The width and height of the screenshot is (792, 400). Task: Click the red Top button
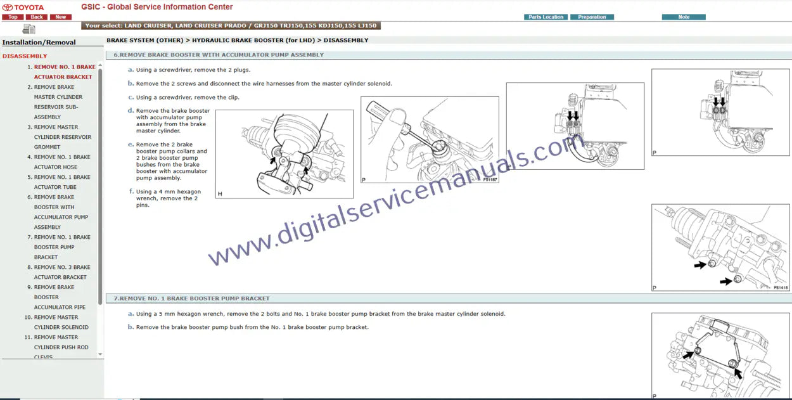pyautogui.click(x=13, y=17)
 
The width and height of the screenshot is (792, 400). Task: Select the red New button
pyautogui.click(x=60, y=17)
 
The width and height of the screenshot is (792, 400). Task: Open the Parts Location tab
pyautogui.click(x=546, y=17)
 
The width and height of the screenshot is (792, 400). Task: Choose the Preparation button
pyautogui.click(x=592, y=17)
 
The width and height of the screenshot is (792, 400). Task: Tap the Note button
pyautogui.click(x=684, y=17)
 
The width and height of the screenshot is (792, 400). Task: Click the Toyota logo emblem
pyautogui.click(x=8, y=8)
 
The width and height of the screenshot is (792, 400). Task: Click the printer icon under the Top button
pyautogui.click(x=29, y=29)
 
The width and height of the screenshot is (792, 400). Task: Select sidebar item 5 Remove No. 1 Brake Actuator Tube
pyautogui.click(x=59, y=182)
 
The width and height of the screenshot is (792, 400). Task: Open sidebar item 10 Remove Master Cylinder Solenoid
pyautogui.click(x=56, y=322)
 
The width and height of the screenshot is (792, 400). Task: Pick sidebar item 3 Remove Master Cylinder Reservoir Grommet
pyautogui.click(x=59, y=137)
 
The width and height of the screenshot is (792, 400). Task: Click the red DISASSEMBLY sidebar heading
pyautogui.click(x=25, y=56)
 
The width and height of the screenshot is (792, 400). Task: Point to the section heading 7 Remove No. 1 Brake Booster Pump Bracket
pyautogui.click(x=191, y=299)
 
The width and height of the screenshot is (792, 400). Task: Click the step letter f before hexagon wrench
pyautogui.click(x=131, y=191)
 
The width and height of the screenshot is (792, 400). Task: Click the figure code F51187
pyautogui.click(x=490, y=179)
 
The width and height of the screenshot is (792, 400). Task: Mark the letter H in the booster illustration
pyautogui.click(x=220, y=194)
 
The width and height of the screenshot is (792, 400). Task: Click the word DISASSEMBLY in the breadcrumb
pyautogui.click(x=346, y=41)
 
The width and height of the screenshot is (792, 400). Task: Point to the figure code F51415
pyautogui.click(x=781, y=288)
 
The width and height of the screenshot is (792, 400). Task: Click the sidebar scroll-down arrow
pyautogui.click(x=100, y=354)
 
